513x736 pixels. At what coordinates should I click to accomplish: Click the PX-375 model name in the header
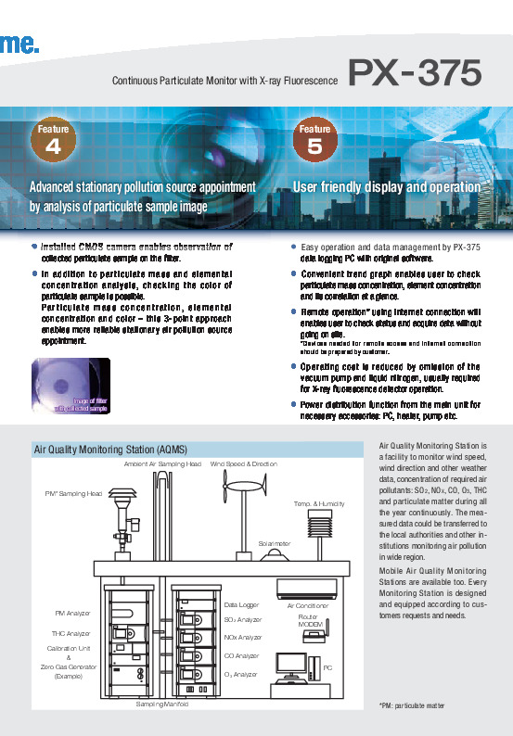(415, 71)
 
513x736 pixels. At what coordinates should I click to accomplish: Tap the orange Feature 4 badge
(54, 140)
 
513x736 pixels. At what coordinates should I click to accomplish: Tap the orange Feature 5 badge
(314, 140)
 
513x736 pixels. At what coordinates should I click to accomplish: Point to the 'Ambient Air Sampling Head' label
(162, 463)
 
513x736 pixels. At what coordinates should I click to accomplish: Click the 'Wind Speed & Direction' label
(244, 463)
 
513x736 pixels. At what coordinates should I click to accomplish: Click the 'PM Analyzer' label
(72, 613)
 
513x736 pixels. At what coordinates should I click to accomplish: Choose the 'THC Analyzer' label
(71, 633)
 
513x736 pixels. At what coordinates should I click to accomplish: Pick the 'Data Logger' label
(241, 604)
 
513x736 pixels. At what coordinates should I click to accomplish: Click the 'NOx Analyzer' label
(244, 638)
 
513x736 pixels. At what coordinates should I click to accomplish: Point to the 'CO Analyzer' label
(242, 655)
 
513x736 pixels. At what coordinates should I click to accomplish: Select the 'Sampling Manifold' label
(161, 704)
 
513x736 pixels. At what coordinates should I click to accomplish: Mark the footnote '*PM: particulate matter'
(413, 705)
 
